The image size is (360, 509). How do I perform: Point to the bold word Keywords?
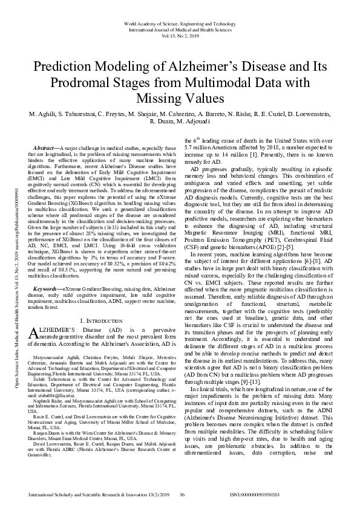pos(48,290)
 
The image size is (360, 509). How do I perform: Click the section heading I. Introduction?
pos(102,319)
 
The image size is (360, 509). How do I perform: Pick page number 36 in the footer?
pos(182,495)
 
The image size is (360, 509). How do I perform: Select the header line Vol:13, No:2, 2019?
pos(180,35)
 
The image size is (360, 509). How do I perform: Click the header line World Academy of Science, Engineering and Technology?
pos(180,22)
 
